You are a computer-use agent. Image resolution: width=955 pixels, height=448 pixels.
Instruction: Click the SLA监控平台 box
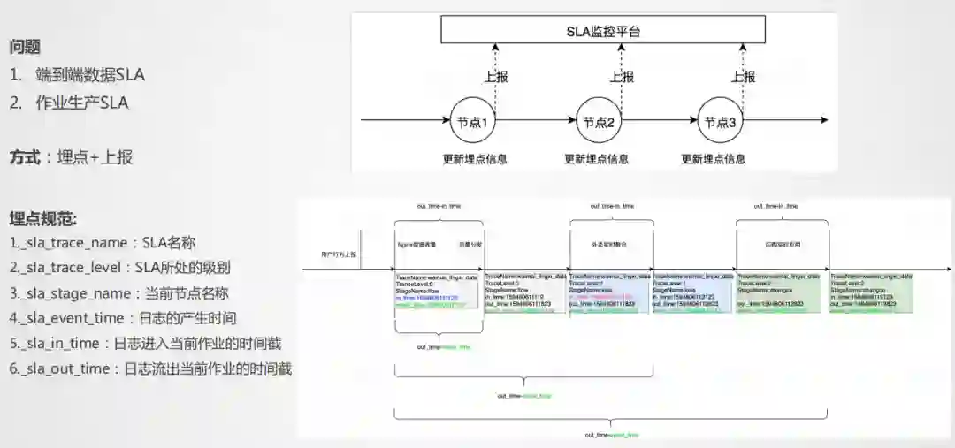coord(604,33)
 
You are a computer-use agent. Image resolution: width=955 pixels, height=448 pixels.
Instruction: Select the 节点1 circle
coord(474,122)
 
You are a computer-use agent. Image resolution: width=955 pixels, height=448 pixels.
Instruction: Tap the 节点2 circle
coord(597,122)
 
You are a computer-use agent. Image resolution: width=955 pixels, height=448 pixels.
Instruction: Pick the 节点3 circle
coord(718,122)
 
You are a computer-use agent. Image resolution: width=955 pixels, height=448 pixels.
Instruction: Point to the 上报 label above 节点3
coord(743,76)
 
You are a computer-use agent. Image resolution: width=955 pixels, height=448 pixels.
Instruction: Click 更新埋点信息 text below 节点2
coord(597,159)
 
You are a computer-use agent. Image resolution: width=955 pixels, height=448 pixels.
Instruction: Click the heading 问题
coord(25,47)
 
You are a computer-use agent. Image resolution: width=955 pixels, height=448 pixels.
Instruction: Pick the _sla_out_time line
coord(150,368)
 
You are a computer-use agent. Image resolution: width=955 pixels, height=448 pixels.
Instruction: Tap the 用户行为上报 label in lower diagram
coord(338,254)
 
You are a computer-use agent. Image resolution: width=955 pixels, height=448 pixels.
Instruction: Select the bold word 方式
coord(26,157)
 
